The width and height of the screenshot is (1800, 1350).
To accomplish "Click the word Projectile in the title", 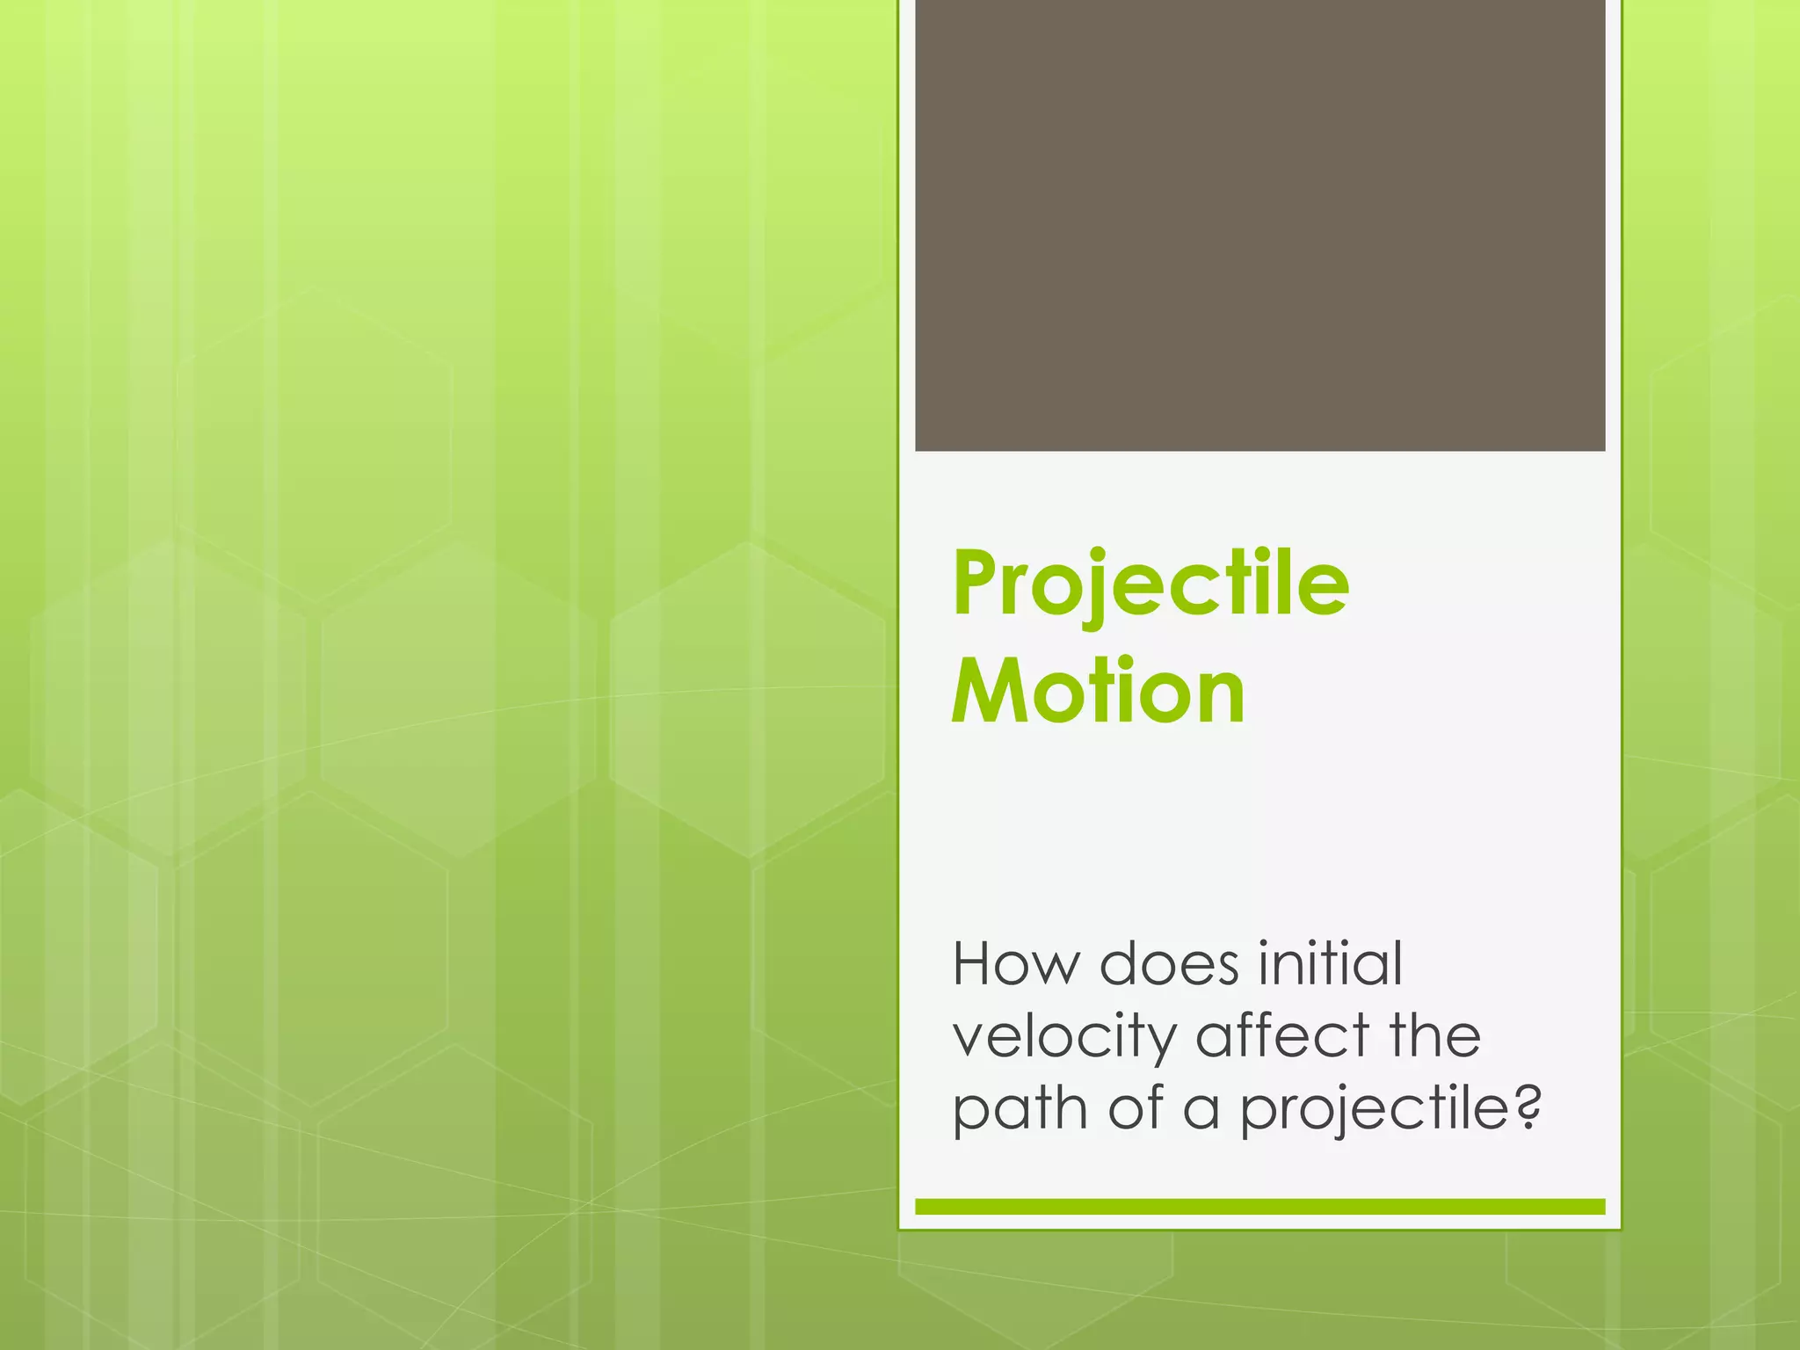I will point(1150,584).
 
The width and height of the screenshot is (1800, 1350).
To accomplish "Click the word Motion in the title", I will point(1098,692).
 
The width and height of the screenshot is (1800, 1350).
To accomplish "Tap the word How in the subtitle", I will point(1016,964).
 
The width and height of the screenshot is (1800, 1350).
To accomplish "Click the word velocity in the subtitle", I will point(1064,1037).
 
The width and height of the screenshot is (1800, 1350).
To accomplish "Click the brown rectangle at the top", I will point(1259,225).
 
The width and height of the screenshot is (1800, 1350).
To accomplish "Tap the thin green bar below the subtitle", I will point(1259,1207).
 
